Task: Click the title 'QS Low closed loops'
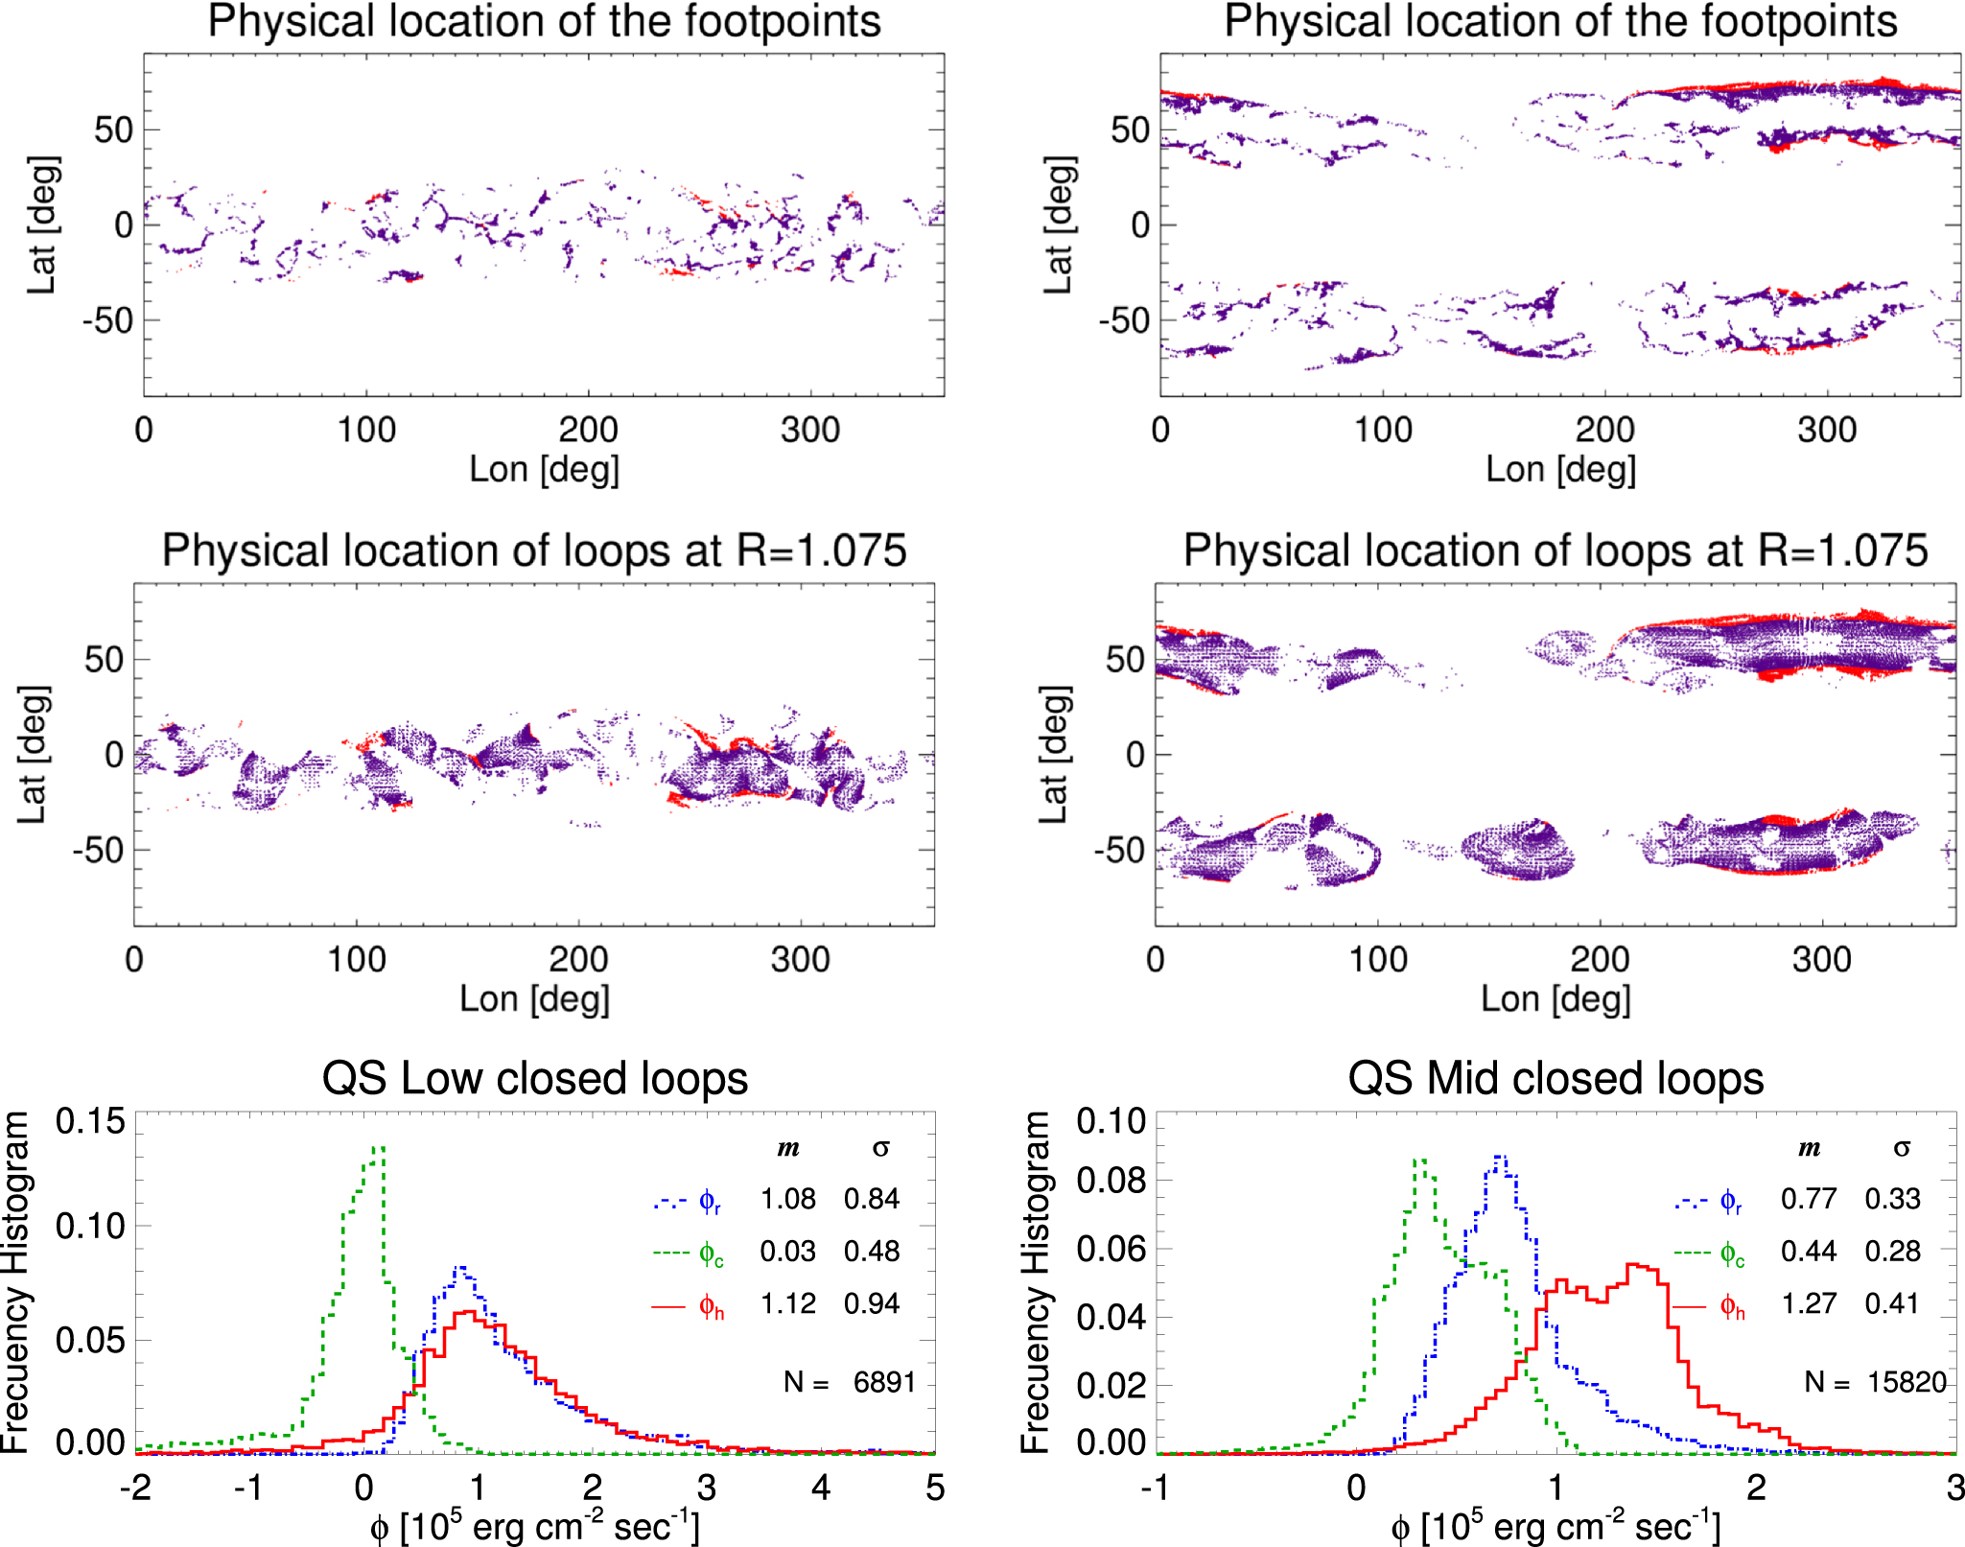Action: (534, 1078)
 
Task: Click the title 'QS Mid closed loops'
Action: (1555, 1078)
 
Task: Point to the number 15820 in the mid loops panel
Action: (1907, 1382)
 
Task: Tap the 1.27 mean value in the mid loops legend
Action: (1808, 1304)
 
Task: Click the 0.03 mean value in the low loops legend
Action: (787, 1252)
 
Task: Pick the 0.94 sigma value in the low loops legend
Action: (871, 1304)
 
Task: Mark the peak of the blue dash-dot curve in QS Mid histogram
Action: (1502, 1158)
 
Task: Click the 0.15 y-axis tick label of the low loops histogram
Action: (90, 1121)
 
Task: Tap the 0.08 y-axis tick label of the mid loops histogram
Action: (1111, 1182)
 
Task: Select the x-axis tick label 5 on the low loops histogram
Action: (935, 1488)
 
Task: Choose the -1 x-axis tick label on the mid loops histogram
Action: (1155, 1488)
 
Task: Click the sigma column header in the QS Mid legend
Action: (1902, 1149)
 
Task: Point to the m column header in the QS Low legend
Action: (788, 1149)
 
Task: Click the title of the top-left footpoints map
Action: (544, 21)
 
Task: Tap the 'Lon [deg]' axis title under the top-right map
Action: (1560, 469)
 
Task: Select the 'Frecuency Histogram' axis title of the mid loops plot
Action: (1036, 1282)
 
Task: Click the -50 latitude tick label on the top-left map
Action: (107, 320)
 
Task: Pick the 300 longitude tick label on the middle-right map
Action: (1821, 959)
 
